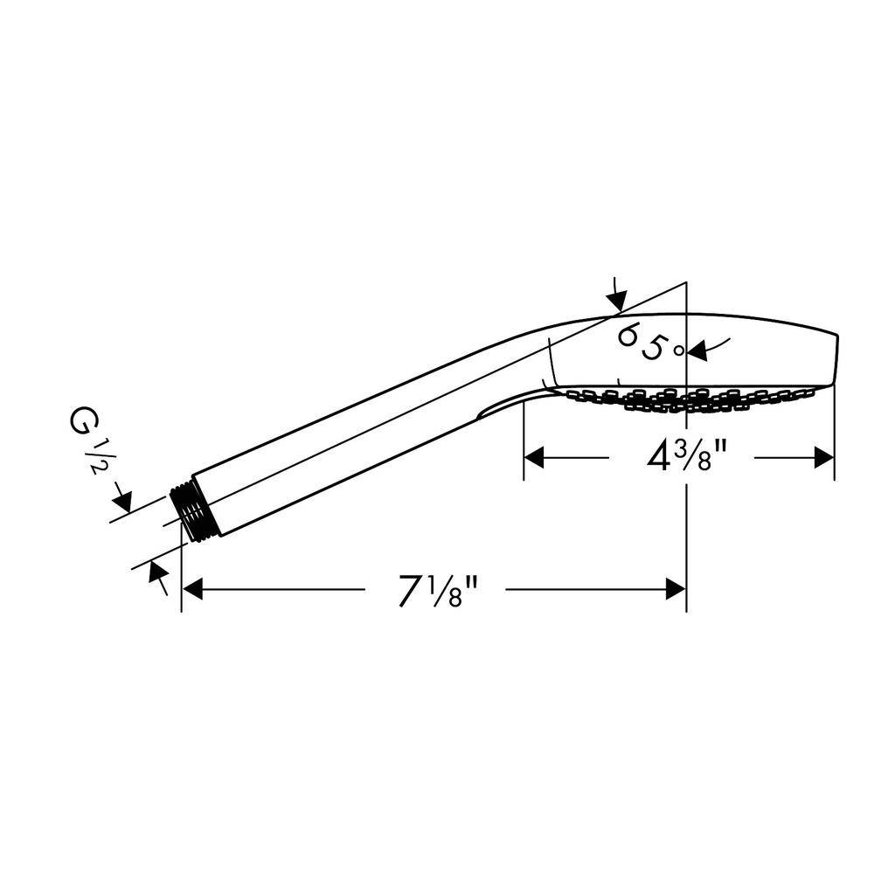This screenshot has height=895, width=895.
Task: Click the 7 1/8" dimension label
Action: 437,590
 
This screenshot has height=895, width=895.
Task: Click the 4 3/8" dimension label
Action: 686,456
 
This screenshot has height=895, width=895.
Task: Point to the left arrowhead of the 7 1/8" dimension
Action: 192,589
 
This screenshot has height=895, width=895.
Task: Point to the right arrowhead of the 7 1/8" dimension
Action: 676,589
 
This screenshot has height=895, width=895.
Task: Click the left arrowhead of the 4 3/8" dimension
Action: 534,457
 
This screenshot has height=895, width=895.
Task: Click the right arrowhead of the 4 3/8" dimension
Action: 824,457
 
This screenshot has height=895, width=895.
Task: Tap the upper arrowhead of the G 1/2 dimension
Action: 122,501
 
